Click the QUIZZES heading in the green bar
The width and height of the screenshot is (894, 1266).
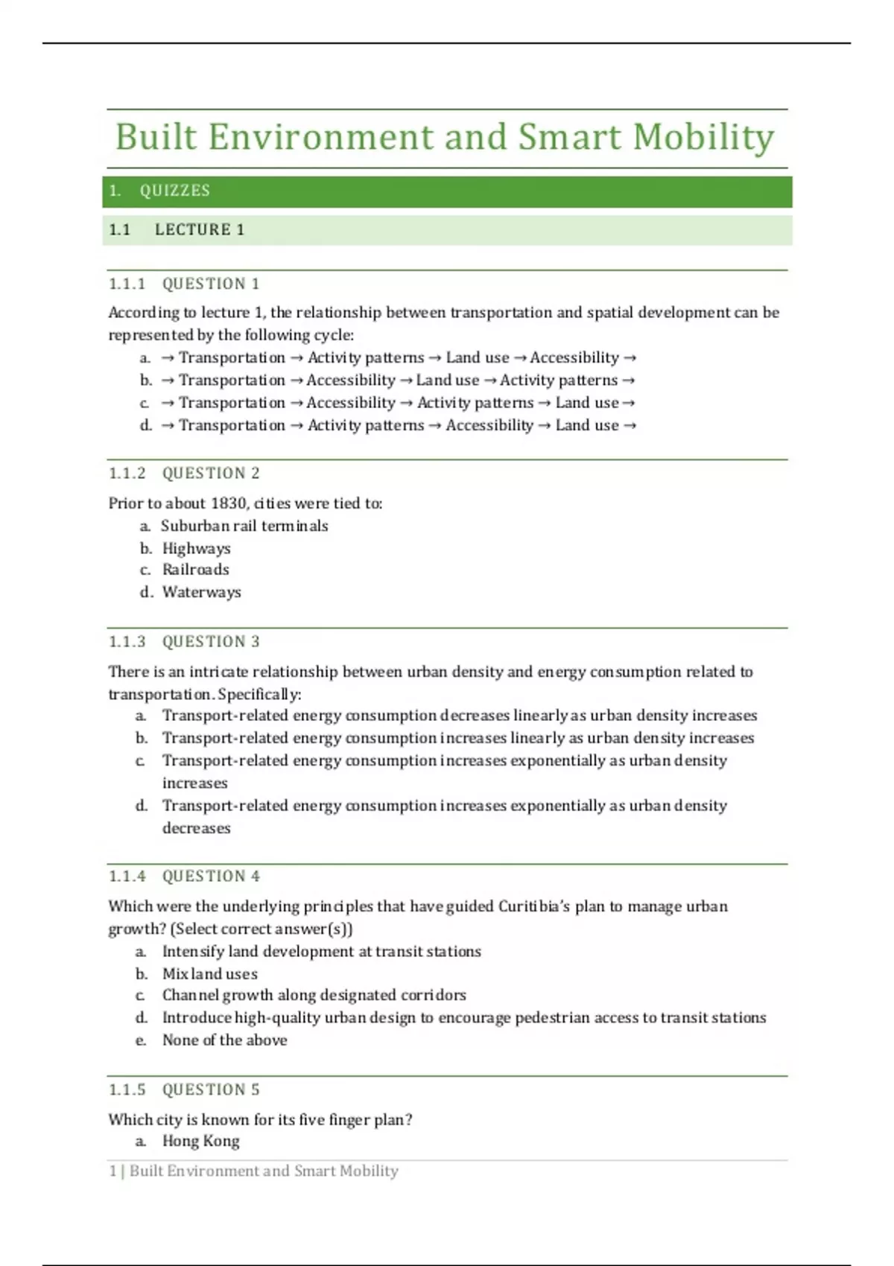(x=174, y=191)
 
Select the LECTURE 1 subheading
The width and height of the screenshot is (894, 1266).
(x=199, y=230)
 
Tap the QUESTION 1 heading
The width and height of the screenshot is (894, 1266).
(x=211, y=284)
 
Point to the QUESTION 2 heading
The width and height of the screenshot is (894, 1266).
(x=211, y=474)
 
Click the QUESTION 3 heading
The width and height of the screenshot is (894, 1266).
(x=211, y=642)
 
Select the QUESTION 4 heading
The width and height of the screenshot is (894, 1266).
(x=211, y=877)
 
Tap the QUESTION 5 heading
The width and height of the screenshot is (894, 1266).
(x=211, y=1090)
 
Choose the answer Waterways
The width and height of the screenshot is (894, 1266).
(x=201, y=593)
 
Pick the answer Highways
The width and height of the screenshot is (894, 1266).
(x=196, y=549)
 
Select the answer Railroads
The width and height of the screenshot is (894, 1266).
(x=195, y=570)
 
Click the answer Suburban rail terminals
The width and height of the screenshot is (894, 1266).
(x=244, y=527)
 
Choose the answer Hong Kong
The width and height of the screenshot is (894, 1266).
(x=200, y=1142)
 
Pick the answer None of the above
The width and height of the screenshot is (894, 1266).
(x=224, y=1040)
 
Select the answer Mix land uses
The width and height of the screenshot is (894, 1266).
(x=209, y=974)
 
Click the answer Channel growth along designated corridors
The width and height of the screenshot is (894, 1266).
(x=314, y=996)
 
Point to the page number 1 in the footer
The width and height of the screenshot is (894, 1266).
(x=112, y=1171)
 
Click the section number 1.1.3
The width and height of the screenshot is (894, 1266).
(x=127, y=642)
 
